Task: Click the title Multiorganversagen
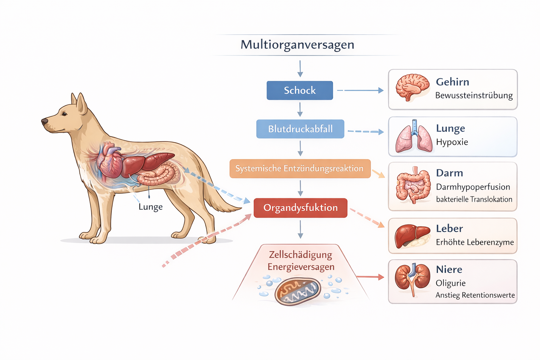pos(297,45)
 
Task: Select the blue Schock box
pos(300,90)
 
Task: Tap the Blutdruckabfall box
pos(300,129)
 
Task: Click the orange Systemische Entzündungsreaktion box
pos(300,168)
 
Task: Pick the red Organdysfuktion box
pos(300,208)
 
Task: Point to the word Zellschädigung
pos(300,255)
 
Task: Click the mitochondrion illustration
pos(297,291)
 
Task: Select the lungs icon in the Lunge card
pos(414,136)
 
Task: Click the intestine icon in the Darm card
pos(413,186)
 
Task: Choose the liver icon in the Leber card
pos(412,236)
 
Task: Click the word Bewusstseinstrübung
pos(474,96)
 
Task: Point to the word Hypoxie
pos(452,142)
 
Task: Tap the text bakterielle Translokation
pos(474,199)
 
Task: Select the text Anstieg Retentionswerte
pos(475,295)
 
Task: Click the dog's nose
pos(45,122)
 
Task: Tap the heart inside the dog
pos(110,160)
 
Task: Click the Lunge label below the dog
pos(150,207)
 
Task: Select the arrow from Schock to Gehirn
pos(360,90)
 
